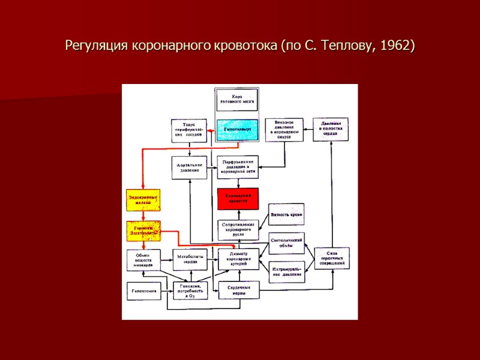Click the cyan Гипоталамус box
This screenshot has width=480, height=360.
point(237,130)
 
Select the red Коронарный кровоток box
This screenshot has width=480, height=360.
point(237,199)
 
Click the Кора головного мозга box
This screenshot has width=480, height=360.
point(237,98)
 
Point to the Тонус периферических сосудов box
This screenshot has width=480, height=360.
point(189,130)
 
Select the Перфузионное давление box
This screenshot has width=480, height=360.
point(237,167)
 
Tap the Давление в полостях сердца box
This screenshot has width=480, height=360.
point(331,129)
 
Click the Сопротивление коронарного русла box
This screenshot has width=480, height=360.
point(237,230)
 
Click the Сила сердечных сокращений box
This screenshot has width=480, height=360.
point(331,258)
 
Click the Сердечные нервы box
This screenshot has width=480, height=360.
point(238,290)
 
